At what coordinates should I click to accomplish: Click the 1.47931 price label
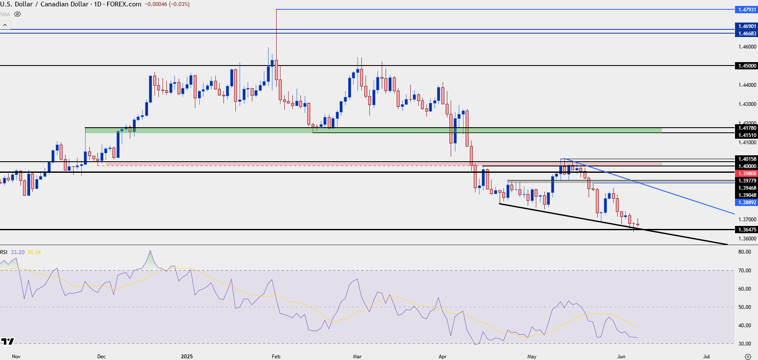[x=747, y=9]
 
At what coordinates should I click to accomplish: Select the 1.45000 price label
[x=747, y=66]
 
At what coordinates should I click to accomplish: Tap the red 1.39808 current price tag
[x=747, y=174]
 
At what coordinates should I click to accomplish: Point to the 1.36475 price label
[x=747, y=230]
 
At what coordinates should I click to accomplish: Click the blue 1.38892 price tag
[x=747, y=203]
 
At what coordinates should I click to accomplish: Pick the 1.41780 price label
[x=747, y=128]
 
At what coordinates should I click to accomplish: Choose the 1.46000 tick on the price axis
[x=747, y=47]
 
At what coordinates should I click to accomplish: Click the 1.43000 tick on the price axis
[x=747, y=104]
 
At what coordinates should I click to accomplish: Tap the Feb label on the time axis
[x=276, y=357]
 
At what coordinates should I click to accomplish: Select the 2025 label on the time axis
[x=187, y=357]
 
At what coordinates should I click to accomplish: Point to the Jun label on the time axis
[x=621, y=357]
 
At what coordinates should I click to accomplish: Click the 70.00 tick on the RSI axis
[x=744, y=271]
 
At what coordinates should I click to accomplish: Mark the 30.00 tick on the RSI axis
[x=744, y=344]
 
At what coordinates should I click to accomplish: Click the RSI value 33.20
[x=18, y=252]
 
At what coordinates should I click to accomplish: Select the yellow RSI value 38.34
[x=34, y=252]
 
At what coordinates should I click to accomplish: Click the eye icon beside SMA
[x=17, y=14]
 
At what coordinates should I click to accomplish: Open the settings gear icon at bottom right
[x=748, y=357]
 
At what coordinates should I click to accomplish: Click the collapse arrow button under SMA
[x=5, y=25]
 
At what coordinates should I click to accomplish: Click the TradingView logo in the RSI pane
[x=7, y=341]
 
